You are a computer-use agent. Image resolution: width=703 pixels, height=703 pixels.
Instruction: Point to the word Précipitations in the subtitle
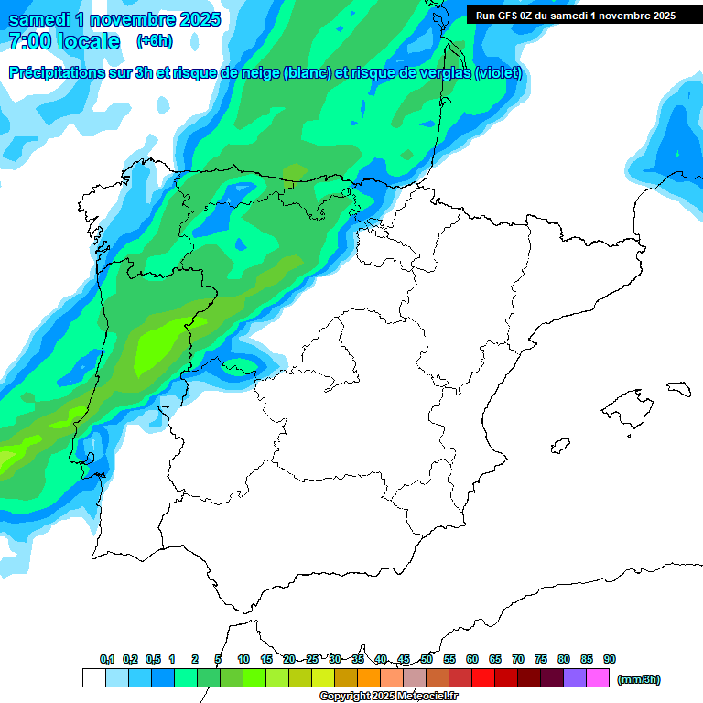pyautogui.click(x=57, y=73)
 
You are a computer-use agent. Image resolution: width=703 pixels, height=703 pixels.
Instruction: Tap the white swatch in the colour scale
pyautogui.click(x=93, y=677)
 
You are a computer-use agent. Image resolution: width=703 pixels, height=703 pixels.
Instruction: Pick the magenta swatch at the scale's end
pyautogui.click(x=598, y=677)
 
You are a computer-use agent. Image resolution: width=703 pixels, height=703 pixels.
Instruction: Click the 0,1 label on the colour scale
pyautogui.click(x=107, y=659)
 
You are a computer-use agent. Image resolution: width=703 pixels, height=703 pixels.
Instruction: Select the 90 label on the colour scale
pyautogui.click(x=610, y=659)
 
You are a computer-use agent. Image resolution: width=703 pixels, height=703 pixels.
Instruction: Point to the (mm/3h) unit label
pyautogui.click(x=638, y=679)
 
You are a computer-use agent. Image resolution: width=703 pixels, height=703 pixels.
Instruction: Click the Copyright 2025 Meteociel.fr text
pyautogui.click(x=388, y=697)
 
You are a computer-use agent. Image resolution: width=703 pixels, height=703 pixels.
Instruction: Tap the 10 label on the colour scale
pyautogui.click(x=243, y=659)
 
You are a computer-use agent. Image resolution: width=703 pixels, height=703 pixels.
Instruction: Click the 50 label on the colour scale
pyautogui.click(x=427, y=659)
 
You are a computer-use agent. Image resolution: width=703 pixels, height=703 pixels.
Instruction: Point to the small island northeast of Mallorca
pyautogui.click(x=678, y=389)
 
